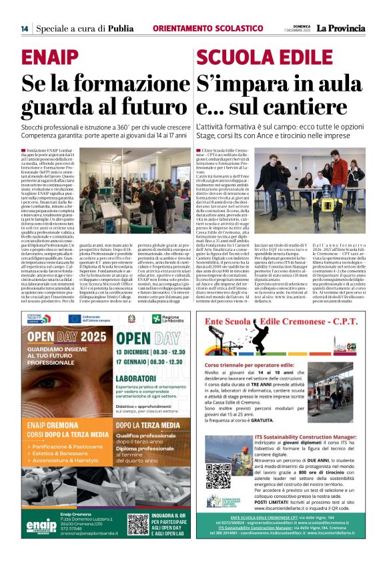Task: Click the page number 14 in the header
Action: tap(24, 29)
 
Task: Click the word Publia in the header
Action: tap(120, 29)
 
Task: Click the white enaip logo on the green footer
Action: tap(42, 524)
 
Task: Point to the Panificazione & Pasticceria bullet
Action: tap(67, 451)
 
